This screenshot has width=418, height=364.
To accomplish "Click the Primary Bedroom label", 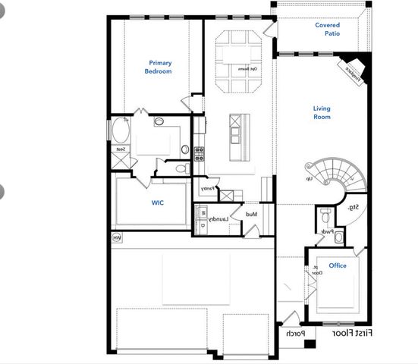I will (x=159, y=67).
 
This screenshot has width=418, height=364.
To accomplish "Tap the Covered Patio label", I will (x=327, y=30).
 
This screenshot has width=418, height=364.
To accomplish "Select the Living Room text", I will (x=322, y=113).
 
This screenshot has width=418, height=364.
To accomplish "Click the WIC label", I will (x=158, y=202).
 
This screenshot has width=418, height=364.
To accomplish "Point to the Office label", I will (x=338, y=265).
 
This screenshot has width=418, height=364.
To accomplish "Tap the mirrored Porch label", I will (x=294, y=334).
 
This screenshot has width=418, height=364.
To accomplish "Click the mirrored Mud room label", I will (x=251, y=215).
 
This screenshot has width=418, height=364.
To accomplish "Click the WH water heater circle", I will (x=117, y=238).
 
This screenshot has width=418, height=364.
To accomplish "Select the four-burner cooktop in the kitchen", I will (x=200, y=154).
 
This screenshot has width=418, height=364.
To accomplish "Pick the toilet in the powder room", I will (x=338, y=237).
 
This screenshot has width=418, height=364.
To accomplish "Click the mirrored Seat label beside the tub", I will (x=121, y=149).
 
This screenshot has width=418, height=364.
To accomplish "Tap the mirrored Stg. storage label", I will (x=353, y=207).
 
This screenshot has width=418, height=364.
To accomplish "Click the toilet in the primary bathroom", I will (x=181, y=168).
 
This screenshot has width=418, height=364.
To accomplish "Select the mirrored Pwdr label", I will (x=326, y=232).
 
